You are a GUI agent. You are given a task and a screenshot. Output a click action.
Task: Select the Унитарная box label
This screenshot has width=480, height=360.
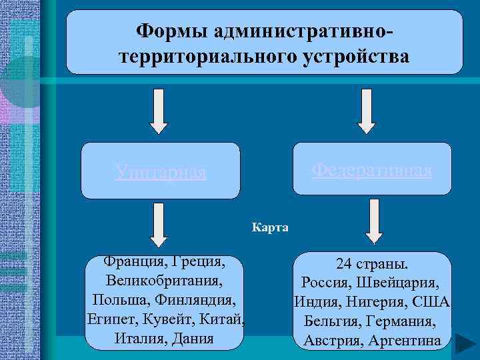160,173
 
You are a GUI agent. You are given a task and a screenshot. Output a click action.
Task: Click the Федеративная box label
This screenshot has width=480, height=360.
372,170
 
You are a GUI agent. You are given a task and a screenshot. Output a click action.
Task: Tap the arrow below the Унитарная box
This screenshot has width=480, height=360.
159,223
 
